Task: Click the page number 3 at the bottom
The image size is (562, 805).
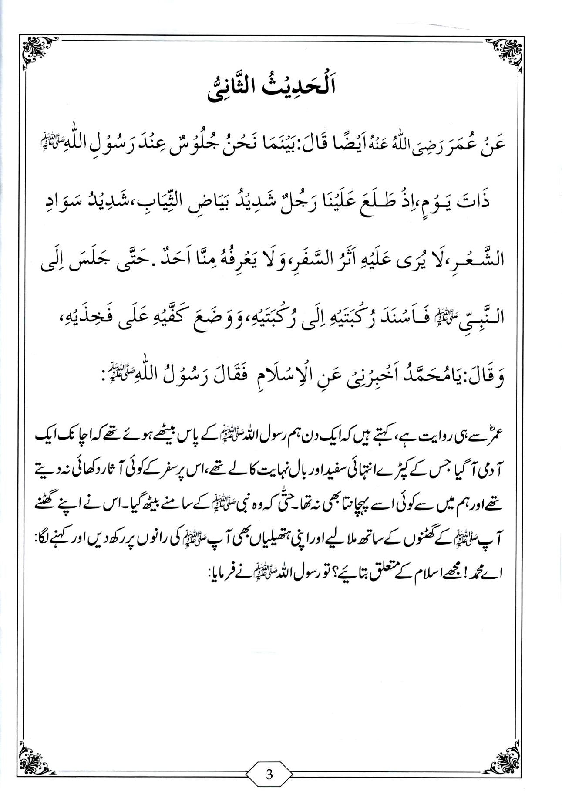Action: [x=269, y=775]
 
